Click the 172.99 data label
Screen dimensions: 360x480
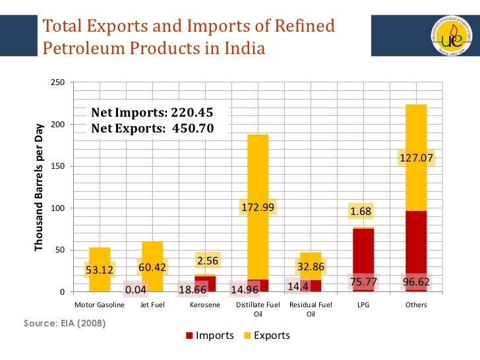tap(258, 208)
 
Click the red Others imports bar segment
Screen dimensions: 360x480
tap(416, 244)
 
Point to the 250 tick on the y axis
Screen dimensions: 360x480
tap(57, 82)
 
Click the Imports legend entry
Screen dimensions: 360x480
tap(209, 336)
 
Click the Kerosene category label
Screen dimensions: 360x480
tap(205, 305)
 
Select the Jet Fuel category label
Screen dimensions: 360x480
tap(152, 305)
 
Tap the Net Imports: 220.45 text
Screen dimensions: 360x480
tap(152, 113)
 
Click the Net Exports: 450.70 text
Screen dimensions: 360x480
tap(152, 128)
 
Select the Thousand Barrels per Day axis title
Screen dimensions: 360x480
tap(39, 187)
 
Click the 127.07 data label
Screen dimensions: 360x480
tap(416, 158)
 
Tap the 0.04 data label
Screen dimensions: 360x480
tap(136, 289)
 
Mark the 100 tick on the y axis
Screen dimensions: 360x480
tap(57, 208)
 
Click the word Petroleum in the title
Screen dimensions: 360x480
tap(81, 49)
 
